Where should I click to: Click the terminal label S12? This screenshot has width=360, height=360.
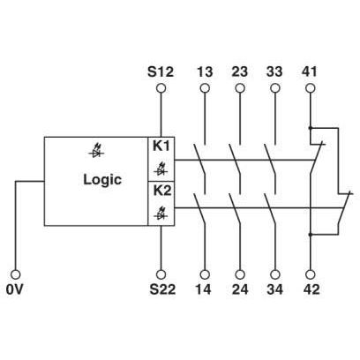(161, 71)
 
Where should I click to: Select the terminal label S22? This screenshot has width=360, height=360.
(162, 289)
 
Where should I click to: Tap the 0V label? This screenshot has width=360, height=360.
(14, 289)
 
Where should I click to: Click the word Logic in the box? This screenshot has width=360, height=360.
(102, 179)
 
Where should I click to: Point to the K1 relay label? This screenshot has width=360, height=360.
(161, 146)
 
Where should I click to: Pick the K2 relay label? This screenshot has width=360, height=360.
(162, 191)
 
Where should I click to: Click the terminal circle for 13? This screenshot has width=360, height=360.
(205, 88)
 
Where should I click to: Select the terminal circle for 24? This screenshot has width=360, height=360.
(240, 274)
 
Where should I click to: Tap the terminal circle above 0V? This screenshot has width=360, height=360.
(16, 274)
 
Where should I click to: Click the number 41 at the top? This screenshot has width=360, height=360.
(309, 71)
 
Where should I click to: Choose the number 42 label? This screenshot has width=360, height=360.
(311, 289)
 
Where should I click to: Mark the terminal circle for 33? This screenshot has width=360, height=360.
(275, 88)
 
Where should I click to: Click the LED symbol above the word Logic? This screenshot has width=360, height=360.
(95, 153)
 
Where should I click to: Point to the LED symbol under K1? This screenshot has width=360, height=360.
(161, 170)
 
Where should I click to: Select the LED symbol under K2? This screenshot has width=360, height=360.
(161, 214)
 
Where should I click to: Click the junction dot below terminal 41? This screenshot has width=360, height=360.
(310, 128)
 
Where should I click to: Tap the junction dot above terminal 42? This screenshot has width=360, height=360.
(310, 235)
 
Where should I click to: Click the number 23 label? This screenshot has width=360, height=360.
(240, 71)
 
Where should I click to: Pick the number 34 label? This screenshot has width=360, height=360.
(275, 289)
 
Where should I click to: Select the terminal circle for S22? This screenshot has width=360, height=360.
(161, 274)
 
